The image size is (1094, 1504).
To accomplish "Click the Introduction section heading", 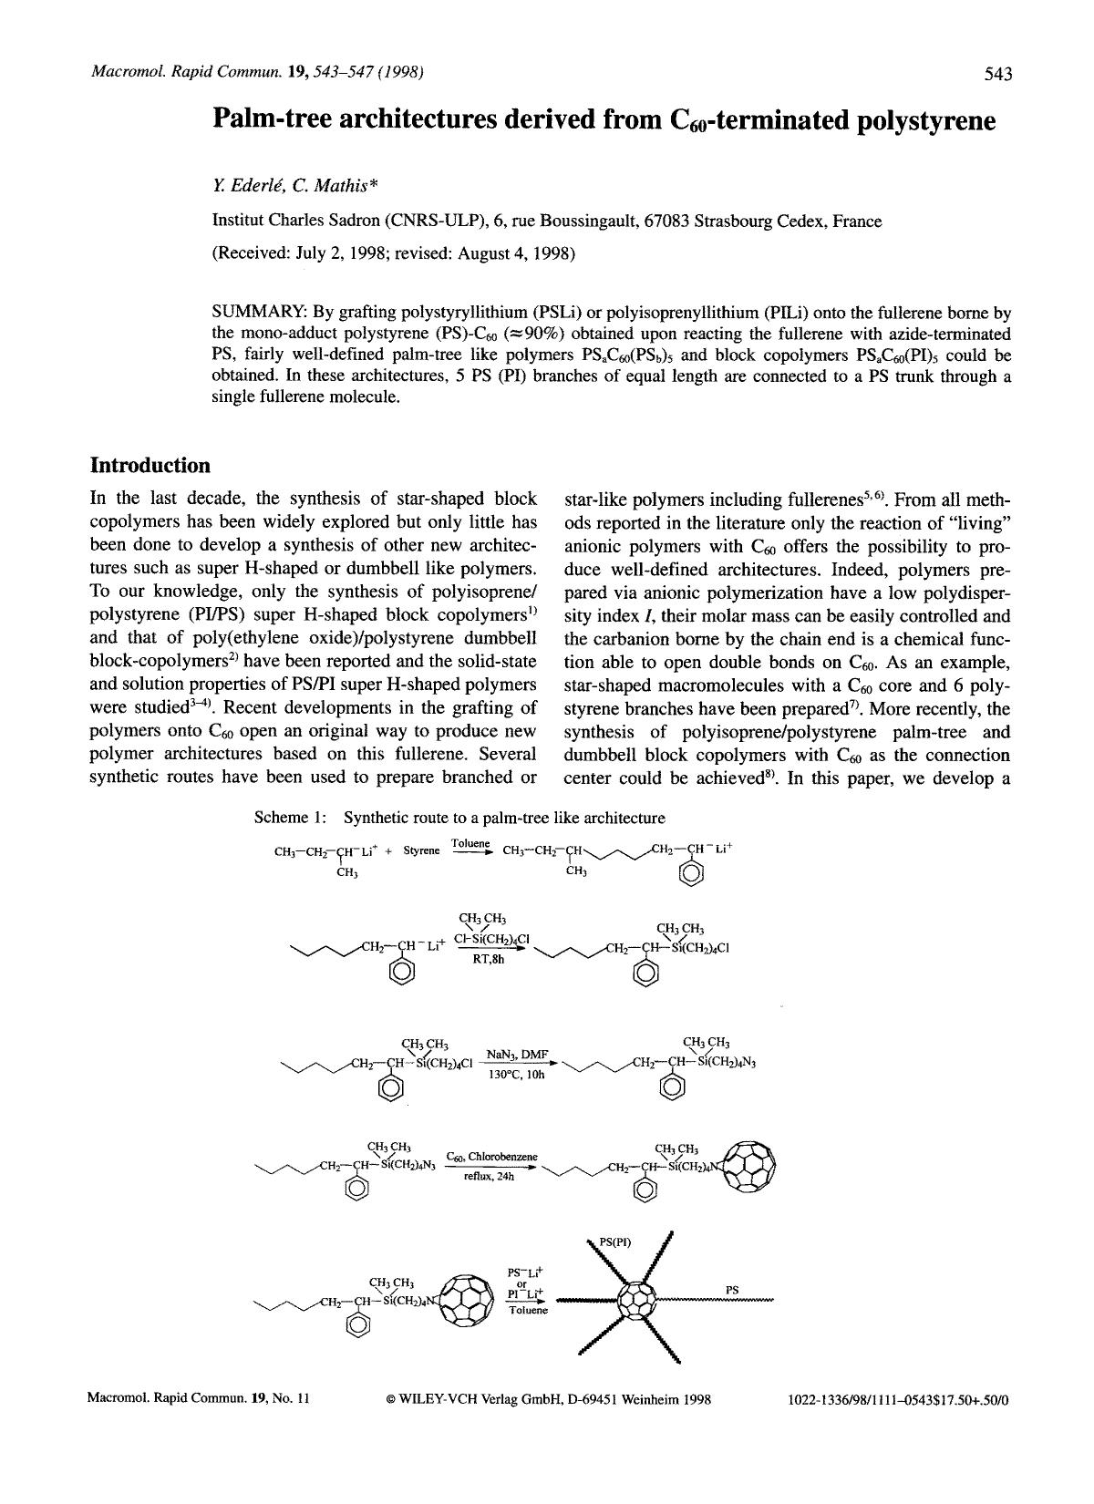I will pos(150,466).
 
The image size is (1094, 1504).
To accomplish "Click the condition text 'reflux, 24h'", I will pos(490,1177).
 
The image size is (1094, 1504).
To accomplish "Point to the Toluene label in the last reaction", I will pos(529,1310).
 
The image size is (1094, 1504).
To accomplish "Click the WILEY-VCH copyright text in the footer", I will pos(549,1398).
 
